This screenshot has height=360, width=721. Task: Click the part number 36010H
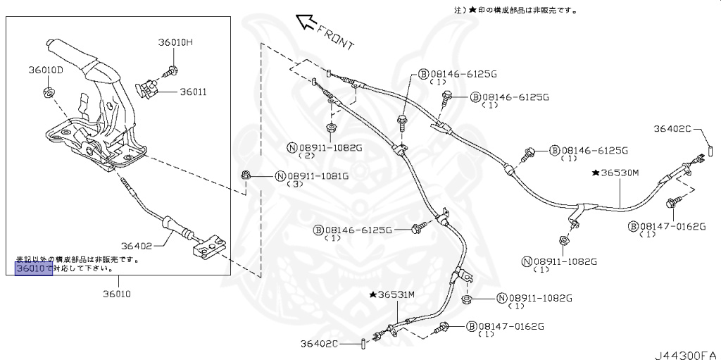[x=175, y=43]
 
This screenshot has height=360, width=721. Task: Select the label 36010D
[x=46, y=70]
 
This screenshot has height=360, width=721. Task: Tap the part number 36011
[x=192, y=92]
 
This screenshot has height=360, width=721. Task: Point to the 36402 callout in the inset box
[x=136, y=246]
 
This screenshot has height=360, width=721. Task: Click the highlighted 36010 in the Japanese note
[x=34, y=268]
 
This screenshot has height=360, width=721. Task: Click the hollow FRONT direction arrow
[x=306, y=23]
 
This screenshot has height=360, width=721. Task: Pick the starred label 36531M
[x=394, y=294]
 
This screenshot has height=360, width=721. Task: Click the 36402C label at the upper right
[x=672, y=129]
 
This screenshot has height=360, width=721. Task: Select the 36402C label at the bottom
[x=319, y=343]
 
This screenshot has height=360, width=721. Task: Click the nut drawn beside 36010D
[x=49, y=92]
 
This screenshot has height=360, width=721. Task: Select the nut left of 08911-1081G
[x=246, y=175]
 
